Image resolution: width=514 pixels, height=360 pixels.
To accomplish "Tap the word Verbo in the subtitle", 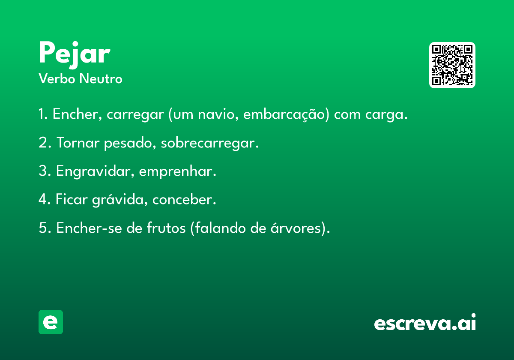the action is click(57, 78).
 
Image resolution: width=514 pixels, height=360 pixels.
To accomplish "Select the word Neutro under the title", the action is click(101, 78).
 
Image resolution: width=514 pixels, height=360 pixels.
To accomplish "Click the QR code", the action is click(452, 65).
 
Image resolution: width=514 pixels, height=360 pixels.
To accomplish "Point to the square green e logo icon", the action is click(51, 322).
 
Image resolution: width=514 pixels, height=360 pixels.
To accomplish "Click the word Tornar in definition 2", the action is click(78, 142).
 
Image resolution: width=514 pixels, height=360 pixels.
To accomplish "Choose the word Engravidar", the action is click(93, 171).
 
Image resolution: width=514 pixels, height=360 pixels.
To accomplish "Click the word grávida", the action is click(118, 200).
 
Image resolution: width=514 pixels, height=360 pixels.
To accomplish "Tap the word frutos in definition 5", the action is click(166, 228).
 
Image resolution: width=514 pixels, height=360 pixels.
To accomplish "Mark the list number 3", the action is click(43, 171).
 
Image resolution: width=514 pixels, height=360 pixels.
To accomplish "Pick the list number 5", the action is click(43, 228).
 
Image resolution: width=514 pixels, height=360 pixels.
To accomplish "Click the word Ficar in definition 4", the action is click(72, 199).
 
